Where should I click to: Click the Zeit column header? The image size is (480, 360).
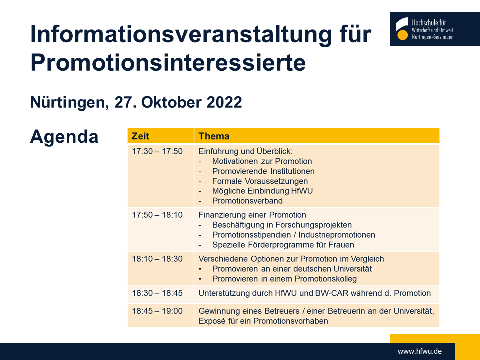click(140, 136)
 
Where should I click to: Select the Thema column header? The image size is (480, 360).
click(214, 136)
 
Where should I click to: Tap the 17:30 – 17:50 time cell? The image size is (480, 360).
click(157, 151)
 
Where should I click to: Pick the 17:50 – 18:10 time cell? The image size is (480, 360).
click(157, 215)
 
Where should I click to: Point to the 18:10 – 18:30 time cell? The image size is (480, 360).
click(157, 259)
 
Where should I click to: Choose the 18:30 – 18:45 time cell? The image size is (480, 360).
click(157, 293)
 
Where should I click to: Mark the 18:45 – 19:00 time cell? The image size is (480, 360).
click(157, 311)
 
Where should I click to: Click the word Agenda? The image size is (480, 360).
click(64, 137)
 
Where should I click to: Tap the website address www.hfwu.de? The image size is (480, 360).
click(419, 351)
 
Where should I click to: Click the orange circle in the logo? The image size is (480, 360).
click(402, 35)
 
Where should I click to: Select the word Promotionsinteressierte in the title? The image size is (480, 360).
click(168, 63)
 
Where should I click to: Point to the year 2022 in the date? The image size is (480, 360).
click(224, 102)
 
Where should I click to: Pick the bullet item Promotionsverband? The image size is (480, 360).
click(247, 201)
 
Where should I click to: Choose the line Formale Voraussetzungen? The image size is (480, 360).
click(260, 181)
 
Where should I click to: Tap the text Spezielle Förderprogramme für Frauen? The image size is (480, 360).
click(283, 245)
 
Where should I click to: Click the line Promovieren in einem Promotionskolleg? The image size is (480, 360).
click(284, 279)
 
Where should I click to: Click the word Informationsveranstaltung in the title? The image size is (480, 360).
click(181, 34)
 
